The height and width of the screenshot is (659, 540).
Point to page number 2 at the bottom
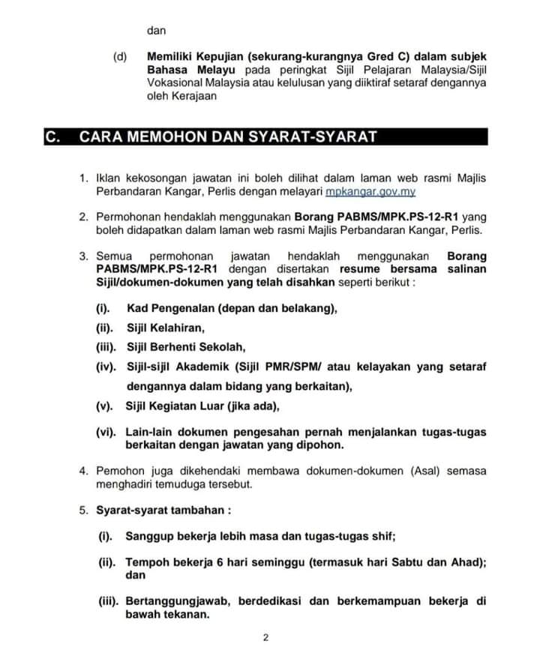(x=265, y=638)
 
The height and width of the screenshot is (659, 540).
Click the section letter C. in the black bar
(x=52, y=136)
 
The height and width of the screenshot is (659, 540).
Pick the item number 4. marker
(x=85, y=471)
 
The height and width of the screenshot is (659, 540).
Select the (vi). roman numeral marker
(x=105, y=433)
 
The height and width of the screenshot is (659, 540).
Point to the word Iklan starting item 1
(x=109, y=178)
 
